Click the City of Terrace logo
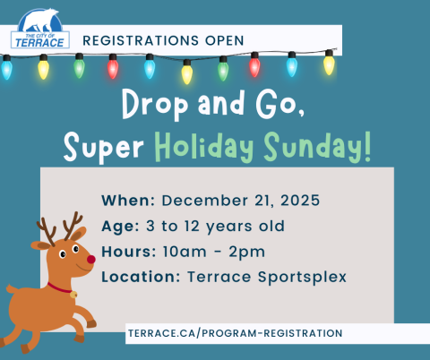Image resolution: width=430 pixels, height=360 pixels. (x=40, y=29)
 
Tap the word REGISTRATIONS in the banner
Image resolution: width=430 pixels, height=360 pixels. (x=141, y=40)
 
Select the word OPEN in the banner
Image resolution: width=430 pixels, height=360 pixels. (x=225, y=40)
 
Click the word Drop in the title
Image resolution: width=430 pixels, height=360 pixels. (x=155, y=105)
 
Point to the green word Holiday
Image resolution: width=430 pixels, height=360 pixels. (x=203, y=147)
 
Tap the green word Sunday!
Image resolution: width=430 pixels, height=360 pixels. (x=317, y=147)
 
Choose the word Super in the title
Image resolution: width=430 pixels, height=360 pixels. (x=104, y=148)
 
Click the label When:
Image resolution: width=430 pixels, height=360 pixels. (x=128, y=201)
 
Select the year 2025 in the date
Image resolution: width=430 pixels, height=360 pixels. (x=300, y=201)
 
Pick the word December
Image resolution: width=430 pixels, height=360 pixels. (x=205, y=201)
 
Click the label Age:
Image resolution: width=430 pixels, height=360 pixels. (x=120, y=227)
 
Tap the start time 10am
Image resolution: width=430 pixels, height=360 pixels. (x=185, y=252)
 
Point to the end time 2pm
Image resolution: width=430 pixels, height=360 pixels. (x=246, y=253)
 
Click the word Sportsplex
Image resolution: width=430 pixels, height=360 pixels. (x=302, y=278)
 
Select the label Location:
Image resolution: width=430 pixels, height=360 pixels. (x=141, y=277)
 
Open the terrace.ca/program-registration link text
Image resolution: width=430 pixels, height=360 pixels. (x=236, y=333)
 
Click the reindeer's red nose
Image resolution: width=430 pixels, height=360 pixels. (x=91, y=259)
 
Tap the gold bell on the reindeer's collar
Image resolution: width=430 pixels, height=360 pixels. (x=73, y=295)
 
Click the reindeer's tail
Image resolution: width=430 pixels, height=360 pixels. (x=12, y=288)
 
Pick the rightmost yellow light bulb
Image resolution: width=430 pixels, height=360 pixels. (x=329, y=64)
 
